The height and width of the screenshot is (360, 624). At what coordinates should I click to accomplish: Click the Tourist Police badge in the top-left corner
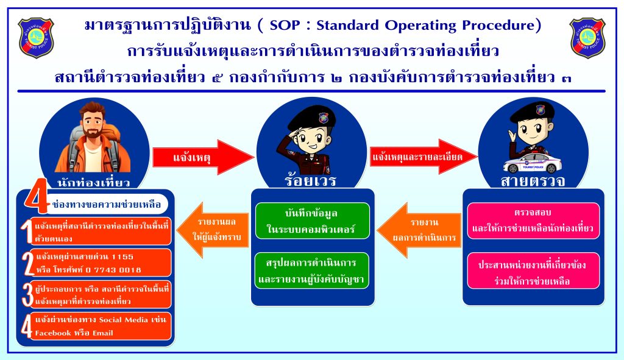36,38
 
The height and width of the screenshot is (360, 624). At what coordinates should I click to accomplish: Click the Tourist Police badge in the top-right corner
587,38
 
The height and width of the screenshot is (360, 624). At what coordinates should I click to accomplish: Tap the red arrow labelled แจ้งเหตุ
203,157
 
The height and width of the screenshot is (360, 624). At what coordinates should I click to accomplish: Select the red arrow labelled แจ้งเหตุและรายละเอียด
424,157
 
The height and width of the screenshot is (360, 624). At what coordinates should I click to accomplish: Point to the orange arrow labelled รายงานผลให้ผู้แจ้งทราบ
213,230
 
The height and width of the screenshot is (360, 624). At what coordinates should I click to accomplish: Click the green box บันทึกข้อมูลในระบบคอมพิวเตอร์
313,221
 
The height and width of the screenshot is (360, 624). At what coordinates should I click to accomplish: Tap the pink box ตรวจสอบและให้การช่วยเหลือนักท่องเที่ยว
533,221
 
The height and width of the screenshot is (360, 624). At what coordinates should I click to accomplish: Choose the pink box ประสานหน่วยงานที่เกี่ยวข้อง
533,270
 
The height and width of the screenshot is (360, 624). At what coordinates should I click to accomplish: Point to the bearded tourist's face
93,121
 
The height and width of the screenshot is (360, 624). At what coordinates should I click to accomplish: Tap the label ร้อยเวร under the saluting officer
311,181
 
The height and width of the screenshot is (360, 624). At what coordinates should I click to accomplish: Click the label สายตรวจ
533,181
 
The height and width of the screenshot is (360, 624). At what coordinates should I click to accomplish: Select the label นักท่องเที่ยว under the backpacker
93,183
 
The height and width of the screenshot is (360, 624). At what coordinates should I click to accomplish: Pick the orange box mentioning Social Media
96,326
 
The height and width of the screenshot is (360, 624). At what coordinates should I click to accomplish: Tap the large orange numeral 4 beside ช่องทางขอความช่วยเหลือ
37,196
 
